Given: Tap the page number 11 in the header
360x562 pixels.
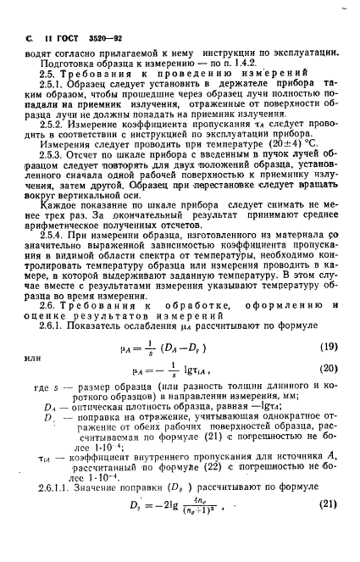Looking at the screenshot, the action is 50,41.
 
